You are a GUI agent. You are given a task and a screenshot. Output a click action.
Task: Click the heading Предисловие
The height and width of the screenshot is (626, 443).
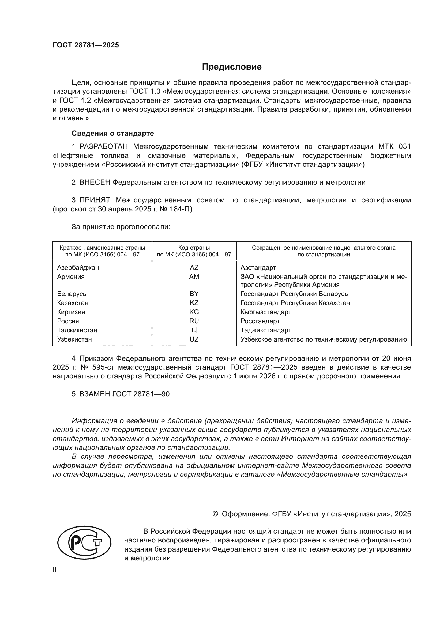[x=232, y=67]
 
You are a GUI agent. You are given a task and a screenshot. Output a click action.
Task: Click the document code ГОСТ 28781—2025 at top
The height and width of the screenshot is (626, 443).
[x=86, y=45]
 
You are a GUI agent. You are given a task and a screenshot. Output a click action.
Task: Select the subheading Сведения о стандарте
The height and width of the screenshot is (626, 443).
[x=113, y=133]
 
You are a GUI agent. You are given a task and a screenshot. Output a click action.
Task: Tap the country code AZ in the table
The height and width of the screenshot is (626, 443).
[x=194, y=267]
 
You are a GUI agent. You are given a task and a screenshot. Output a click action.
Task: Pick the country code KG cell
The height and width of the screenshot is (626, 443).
[x=194, y=312]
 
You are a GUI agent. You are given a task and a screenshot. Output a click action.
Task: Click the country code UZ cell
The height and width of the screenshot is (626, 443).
[x=194, y=339]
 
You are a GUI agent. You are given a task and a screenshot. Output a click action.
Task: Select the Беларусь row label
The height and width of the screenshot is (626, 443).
[x=72, y=294]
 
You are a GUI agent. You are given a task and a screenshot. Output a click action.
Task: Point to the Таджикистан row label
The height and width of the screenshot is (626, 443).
[x=77, y=330]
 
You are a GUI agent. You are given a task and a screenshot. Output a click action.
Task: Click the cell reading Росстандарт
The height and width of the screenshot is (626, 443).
[x=260, y=321]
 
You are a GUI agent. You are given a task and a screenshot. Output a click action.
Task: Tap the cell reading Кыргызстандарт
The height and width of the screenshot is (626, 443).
[x=266, y=312]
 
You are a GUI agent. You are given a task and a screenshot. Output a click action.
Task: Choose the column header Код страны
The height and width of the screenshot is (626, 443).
[x=194, y=248]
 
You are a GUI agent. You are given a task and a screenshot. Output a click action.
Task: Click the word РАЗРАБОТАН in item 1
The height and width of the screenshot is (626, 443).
[x=104, y=146]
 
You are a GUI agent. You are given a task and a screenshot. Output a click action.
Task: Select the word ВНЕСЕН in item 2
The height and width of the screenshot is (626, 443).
[x=95, y=183]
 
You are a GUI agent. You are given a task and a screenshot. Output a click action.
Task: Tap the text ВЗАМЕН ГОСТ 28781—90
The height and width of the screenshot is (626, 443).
[x=124, y=394]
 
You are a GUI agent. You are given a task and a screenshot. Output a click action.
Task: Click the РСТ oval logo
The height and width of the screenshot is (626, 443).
[x=84, y=542]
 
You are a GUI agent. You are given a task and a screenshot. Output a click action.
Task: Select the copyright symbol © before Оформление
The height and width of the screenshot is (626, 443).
[x=215, y=514]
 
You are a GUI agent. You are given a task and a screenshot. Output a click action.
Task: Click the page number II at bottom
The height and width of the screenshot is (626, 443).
[x=55, y=570]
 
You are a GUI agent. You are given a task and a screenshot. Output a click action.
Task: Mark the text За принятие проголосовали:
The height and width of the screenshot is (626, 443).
[x=121, y=227]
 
